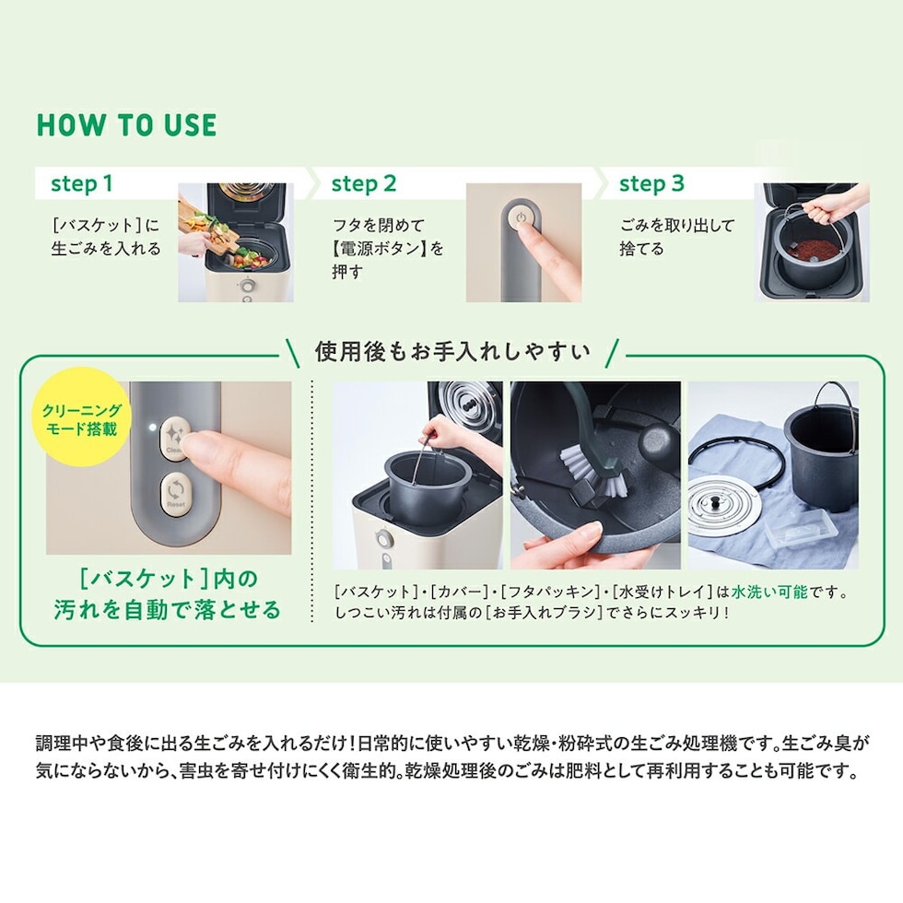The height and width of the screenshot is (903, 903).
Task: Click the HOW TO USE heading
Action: coord(127,125)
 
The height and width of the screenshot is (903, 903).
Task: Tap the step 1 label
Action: coord(81,183)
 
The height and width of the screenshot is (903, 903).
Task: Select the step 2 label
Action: coord(364,183)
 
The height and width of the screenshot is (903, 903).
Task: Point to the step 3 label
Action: coord(651,183)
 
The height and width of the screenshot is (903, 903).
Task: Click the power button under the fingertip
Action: coord(521,217)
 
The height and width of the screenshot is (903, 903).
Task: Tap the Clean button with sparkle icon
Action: coord(174,439)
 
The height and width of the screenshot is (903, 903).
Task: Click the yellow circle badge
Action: coord(81,416)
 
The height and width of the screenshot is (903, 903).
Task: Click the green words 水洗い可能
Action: coord(769,592)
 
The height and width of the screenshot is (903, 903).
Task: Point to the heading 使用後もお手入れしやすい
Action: coord(452,351)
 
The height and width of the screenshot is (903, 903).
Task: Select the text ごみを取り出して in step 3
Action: coord(677,225)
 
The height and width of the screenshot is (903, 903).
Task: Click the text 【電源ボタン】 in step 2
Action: coord(381,248)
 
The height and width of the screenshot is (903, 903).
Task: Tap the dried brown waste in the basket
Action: coord(813,251)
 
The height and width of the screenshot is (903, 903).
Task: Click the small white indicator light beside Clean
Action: coord(152,428)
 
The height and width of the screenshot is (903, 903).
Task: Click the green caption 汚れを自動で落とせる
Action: coord(168,609)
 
